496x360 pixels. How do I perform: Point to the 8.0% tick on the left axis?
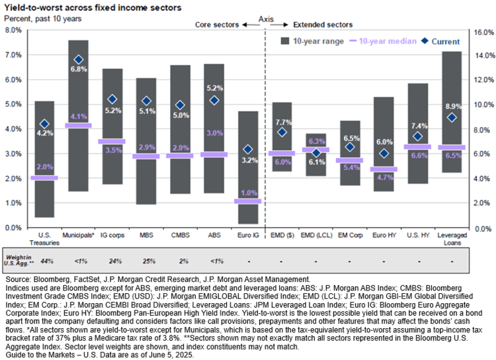(x=11, y=30)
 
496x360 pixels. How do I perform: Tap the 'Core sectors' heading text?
(x=216, y=25)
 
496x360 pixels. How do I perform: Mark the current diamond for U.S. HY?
(x=418, y=136)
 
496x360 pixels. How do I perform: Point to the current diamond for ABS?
(x=214, y=100)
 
